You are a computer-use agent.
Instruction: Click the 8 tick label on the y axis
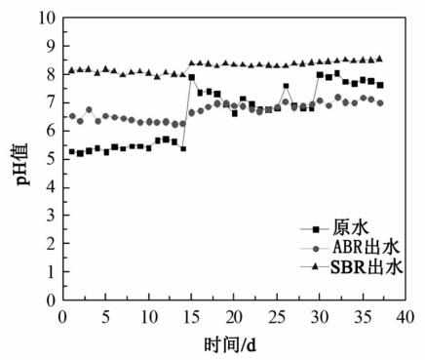[x=47, y=74]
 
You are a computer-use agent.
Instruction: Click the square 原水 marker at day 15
[x=192, y=77]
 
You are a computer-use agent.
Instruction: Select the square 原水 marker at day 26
[x=286, y=87]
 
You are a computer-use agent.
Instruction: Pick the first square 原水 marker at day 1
[x=71, y=151]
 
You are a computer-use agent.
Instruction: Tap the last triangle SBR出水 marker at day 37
[x=380, y=59]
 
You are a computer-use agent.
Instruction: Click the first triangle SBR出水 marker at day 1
[x=71, y=70]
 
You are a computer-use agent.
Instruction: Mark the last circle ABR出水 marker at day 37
[x=380, y=102]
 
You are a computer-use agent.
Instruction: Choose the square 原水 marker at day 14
[x=183, y=148]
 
